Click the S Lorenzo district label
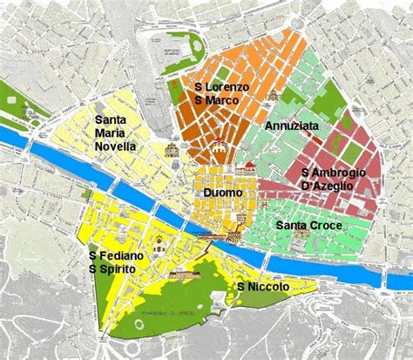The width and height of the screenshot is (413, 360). pos(221,87)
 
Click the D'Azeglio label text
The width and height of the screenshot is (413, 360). pos(327,186)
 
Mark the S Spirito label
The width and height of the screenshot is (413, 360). pos(111,270)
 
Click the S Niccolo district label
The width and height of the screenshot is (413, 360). pos(262,286)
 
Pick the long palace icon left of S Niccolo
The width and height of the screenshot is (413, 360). pos(183,273)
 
